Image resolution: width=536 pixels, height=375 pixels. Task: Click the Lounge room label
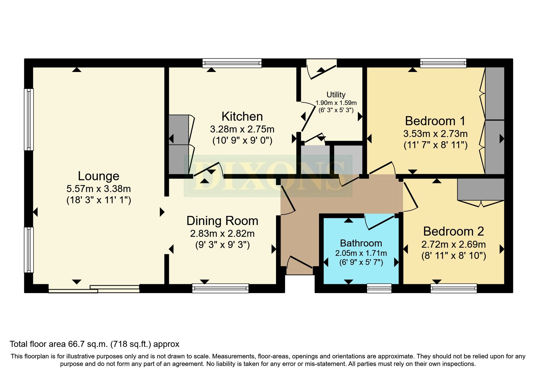[98, 176]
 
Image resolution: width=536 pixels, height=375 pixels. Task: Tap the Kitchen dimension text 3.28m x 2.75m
[242, 129]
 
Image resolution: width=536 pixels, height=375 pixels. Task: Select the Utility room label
[336, 95]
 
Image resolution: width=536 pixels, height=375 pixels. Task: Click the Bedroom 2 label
[453, 231]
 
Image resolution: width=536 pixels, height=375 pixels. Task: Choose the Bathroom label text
[361, 243]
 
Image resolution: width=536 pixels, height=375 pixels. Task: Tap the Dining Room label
[222, 221]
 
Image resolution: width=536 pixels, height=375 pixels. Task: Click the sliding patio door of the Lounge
[94, 289]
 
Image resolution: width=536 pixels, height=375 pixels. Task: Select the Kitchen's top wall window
[232, 63]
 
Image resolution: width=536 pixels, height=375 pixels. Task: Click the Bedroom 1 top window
[443, 63]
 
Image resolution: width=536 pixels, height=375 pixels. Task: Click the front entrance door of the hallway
[300, 263]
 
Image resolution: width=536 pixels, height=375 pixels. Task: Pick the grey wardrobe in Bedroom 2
[480, 189]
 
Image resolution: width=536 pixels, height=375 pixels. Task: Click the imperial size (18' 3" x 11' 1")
[98, 200]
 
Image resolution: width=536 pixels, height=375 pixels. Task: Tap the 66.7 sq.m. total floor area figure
[88, 344]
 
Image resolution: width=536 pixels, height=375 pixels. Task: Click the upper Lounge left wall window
[29, 119]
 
